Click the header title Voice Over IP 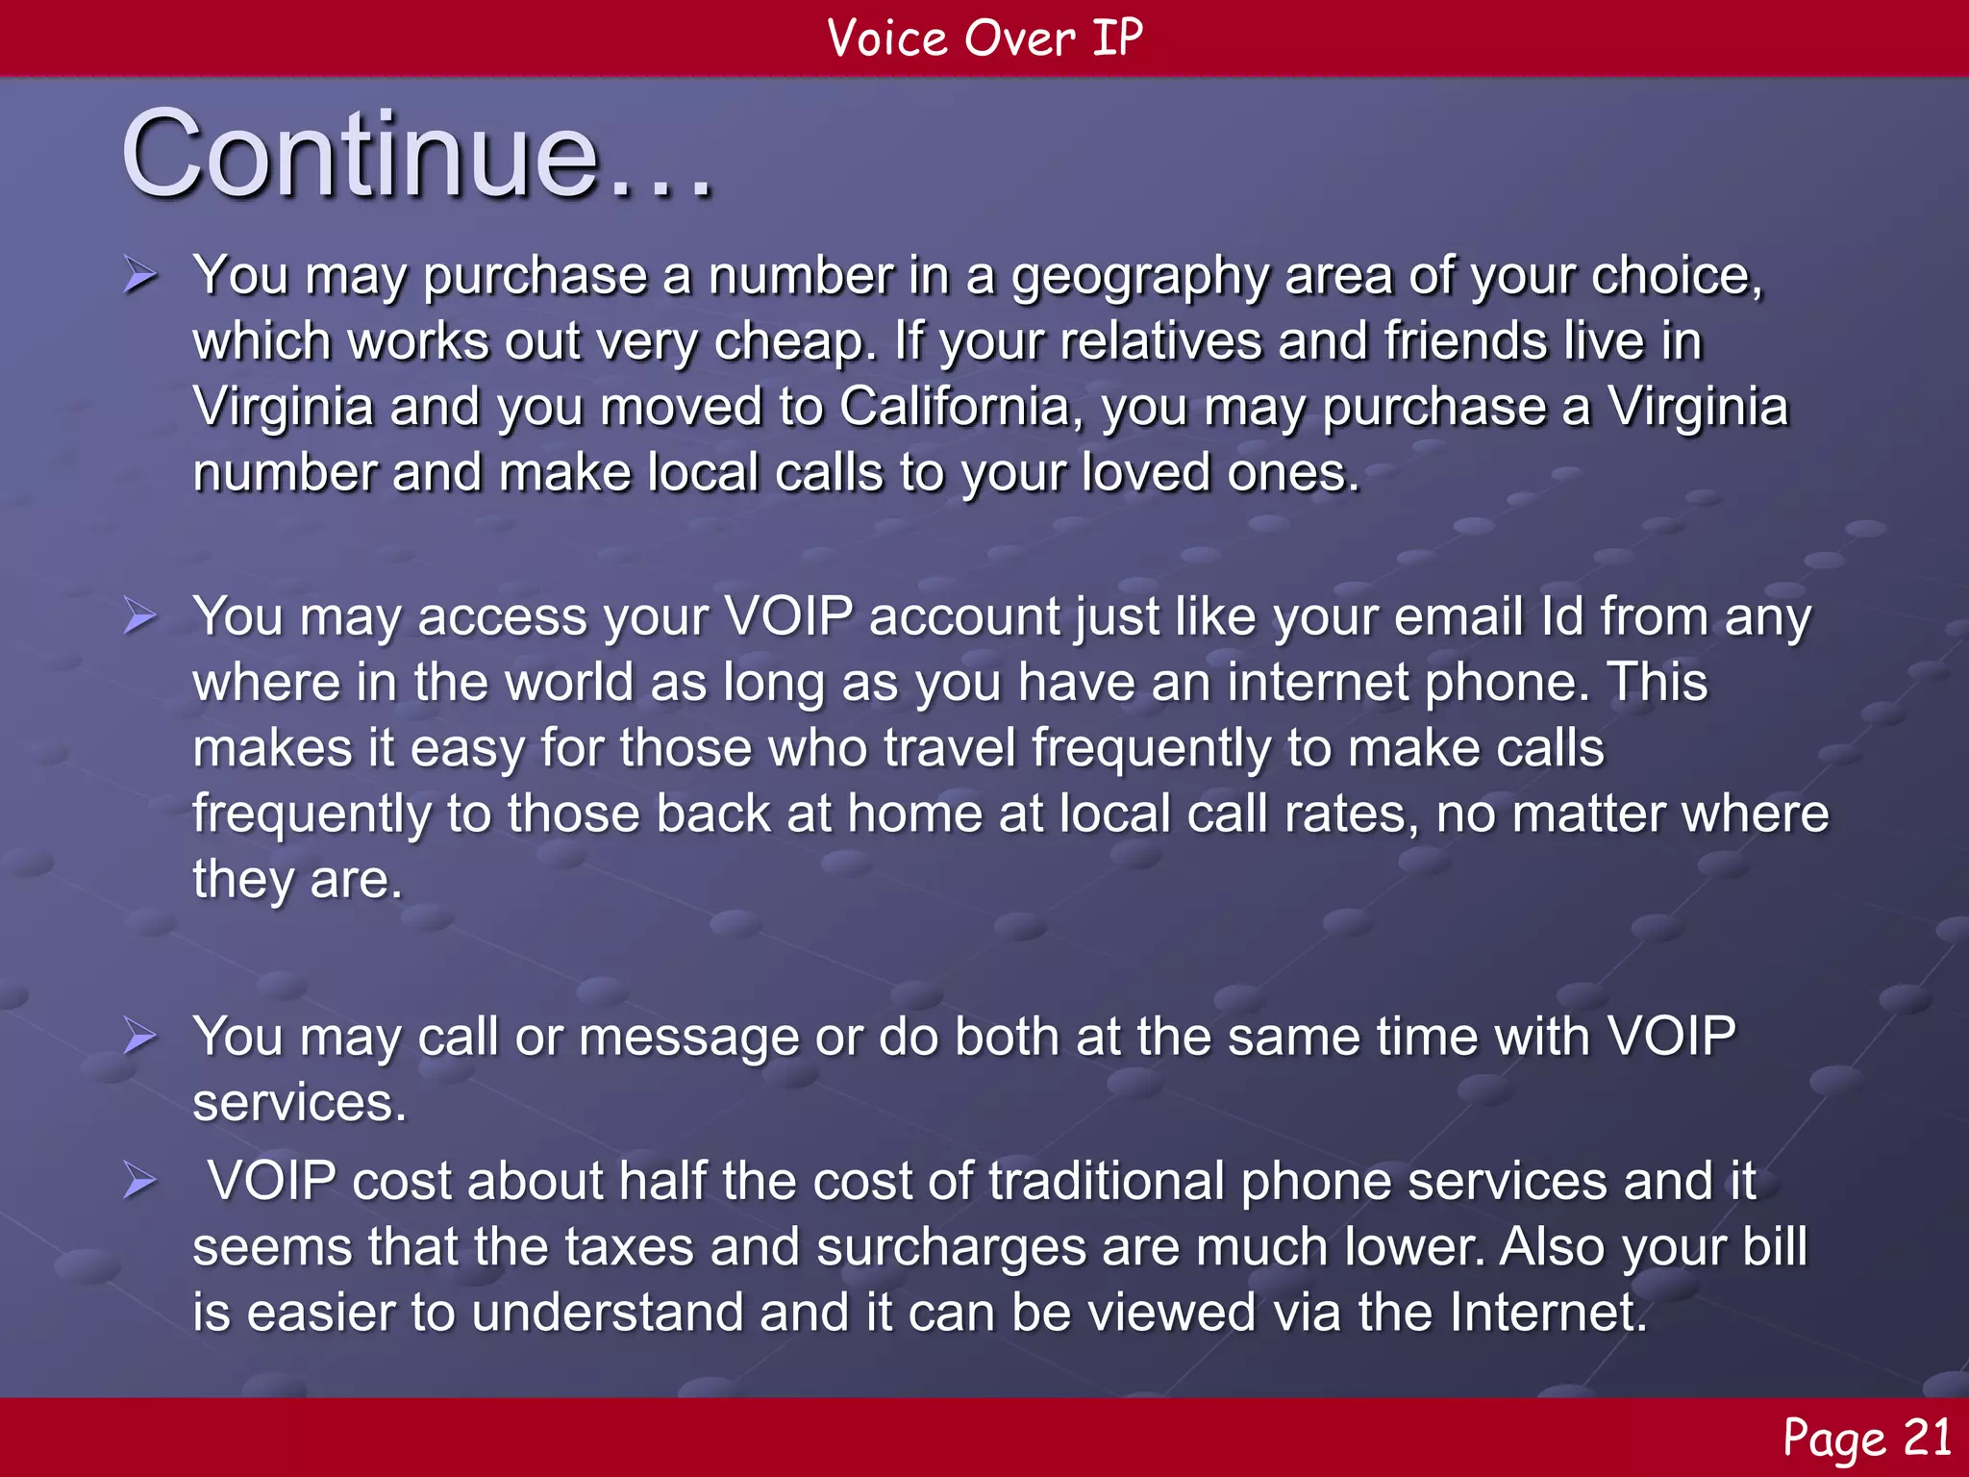[x=984, y=38]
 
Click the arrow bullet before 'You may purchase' [x=140, y=277]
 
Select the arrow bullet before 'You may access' [x=140, y=616]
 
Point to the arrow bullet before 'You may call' [x=140, y=1038]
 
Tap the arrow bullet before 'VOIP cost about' [x=140, y=1181]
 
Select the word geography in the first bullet [x=1139, y=277]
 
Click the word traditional [x=1107, y=1181]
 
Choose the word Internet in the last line [x=1547, y=1313]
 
